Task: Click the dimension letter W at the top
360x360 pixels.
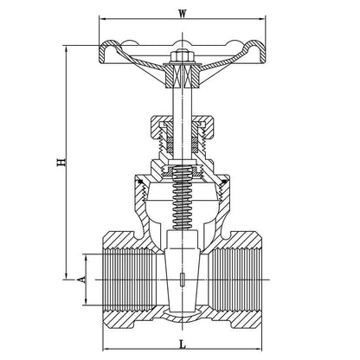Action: click(x=182, y=14)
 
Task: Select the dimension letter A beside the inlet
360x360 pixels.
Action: click(x=82, y=280)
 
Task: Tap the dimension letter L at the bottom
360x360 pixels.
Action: click(x=183, y=344)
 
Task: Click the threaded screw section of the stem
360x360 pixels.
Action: click(x=183, y=198)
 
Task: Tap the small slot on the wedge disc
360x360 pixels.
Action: click(x=183, y=280)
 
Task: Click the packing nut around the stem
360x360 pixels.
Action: click(x=183, y=126)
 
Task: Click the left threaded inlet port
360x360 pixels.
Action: click(x=130, y=280)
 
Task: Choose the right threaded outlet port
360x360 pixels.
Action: click(x=236, y=280)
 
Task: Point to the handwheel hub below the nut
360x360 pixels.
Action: click(x=183, y=77)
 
